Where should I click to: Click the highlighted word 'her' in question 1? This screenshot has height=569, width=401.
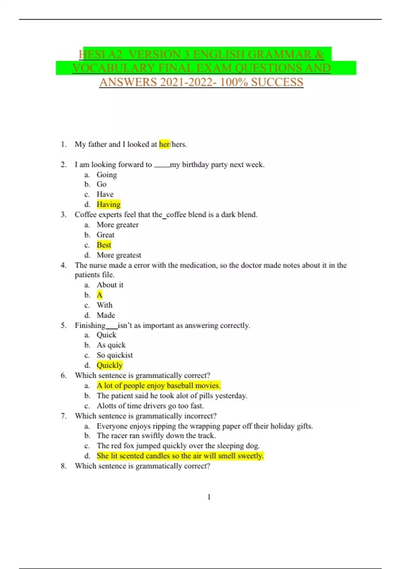164,144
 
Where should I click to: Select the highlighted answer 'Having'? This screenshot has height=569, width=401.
108,204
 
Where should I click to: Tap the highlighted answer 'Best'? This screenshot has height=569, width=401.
104,245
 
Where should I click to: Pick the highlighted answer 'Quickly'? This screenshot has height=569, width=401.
110,365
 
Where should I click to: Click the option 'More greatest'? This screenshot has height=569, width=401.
119,255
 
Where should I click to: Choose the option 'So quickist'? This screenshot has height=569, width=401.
115,355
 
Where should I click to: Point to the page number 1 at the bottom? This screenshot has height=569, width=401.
209,497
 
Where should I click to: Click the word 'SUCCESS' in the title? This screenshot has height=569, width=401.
277,82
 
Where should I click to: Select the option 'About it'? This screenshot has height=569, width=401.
110,285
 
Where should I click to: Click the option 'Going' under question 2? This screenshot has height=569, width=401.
107,175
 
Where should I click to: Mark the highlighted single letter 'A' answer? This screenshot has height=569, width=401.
100,295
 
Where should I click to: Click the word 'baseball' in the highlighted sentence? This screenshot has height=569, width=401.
180,386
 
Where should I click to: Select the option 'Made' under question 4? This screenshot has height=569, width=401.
106,315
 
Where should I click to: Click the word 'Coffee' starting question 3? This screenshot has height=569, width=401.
85,215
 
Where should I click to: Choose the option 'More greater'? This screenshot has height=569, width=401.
118,225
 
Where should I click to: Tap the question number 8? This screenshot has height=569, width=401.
63,466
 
